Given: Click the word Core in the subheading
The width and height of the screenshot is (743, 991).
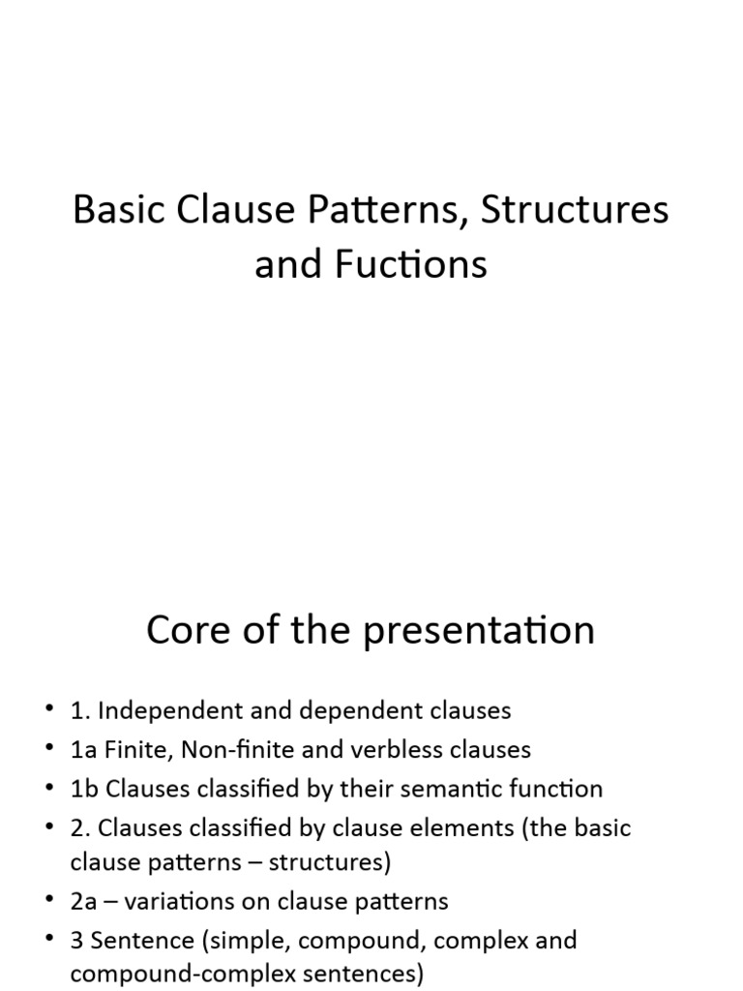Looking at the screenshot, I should [190, 631].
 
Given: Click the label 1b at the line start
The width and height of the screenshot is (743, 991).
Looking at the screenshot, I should [84, 789].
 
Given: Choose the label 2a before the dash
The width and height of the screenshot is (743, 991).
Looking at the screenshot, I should [84, 902].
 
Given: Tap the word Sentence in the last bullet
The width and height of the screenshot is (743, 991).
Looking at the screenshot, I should [140, 941].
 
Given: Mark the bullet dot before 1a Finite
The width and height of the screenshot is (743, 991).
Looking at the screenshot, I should [49, 750].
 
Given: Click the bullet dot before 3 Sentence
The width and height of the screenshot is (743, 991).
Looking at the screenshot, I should [49, 941].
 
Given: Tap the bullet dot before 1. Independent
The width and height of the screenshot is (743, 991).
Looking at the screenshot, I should [49, 711].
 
